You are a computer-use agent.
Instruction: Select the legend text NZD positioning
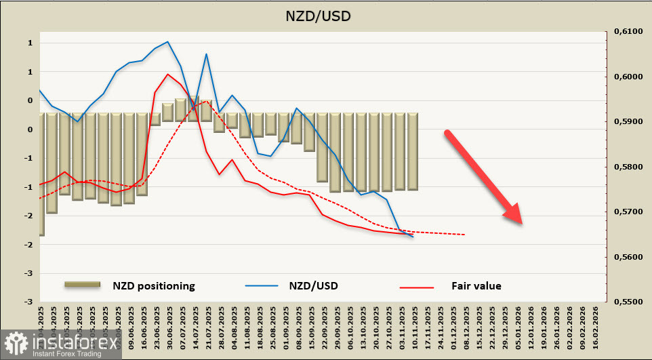click(154, 285)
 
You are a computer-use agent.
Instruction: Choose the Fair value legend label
click(476, 285)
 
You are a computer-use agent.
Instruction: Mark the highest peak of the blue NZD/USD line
click(167, 42)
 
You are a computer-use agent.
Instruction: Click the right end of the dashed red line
click(465, 235)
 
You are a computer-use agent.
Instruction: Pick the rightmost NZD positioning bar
click(412, 152)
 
